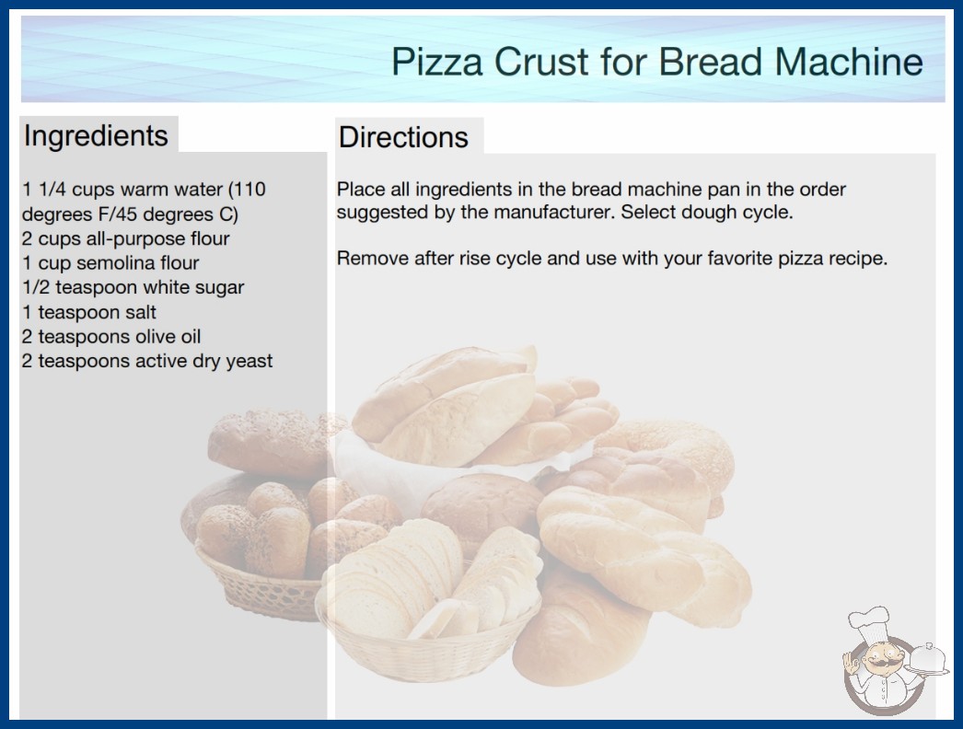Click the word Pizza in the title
point(437,62)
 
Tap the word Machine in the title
point(849,62)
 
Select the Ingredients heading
point(96,136)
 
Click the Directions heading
point(403,137)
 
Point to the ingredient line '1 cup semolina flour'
point(110,263)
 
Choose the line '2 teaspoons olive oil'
point(111,337)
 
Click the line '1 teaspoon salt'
point(89,312)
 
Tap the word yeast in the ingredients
point(249,362)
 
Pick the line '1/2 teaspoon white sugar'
point(133,287)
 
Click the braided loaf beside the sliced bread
point(644,556)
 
